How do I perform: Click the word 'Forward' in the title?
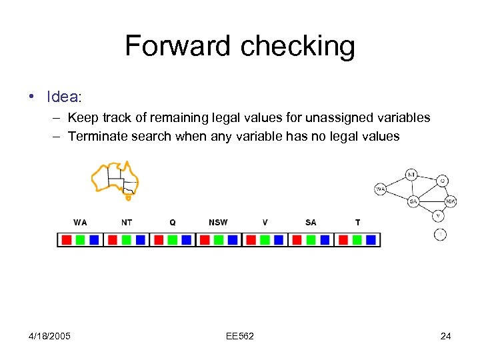[177, 46]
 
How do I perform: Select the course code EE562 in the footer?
[239, 336]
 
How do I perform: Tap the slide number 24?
[445, 336]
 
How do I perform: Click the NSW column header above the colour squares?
[218, 223]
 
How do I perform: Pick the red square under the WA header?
[65, 239]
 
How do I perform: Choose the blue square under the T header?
[371, 239]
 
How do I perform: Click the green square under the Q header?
[173, 239]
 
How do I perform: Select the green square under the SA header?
[311, 239]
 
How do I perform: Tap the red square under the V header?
[250, 239]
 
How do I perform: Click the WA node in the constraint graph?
[381, 189]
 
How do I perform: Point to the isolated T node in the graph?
[440, 234]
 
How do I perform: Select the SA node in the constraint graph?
[413, 201]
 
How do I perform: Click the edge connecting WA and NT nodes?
[396, 182]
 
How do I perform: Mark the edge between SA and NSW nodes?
[431, 201]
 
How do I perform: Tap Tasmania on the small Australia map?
[128, 197]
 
